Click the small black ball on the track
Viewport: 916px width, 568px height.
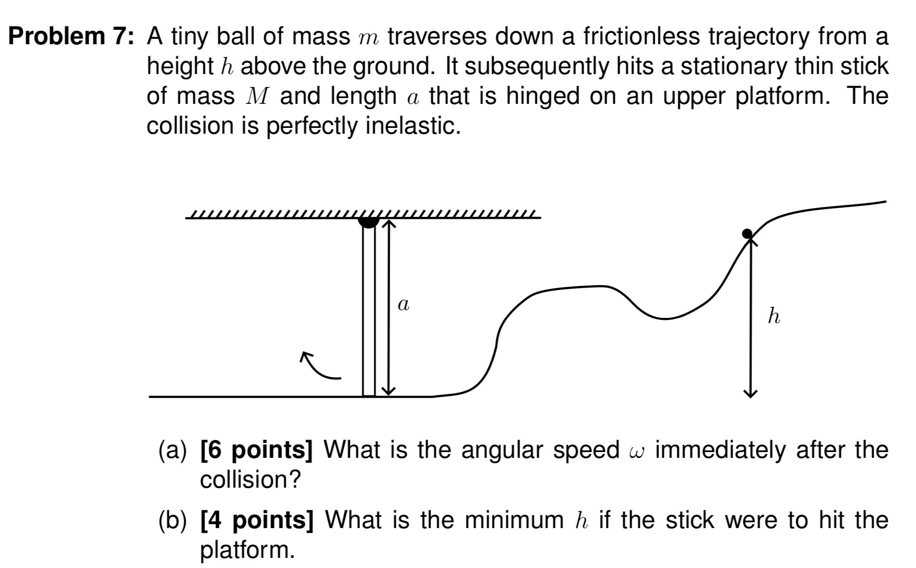pyautogui.click(x=747, y=234)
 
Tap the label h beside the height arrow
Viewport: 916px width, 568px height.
pyautogui.click(x=774, y=316)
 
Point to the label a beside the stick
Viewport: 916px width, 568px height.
pyautogui.click(x=404, y=304)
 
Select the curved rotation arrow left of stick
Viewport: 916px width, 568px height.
pyautogui.click(x=319, y=367)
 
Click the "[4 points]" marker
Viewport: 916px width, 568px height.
pyautogui.click(x=256, y=520)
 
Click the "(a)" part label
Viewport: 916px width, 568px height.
pyautogui.click(x=172, y=451)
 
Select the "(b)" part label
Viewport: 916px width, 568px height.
pyautogui.click(x=172, y=521)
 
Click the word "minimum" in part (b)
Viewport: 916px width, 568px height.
pyautogui.click(x=514, y=520)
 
